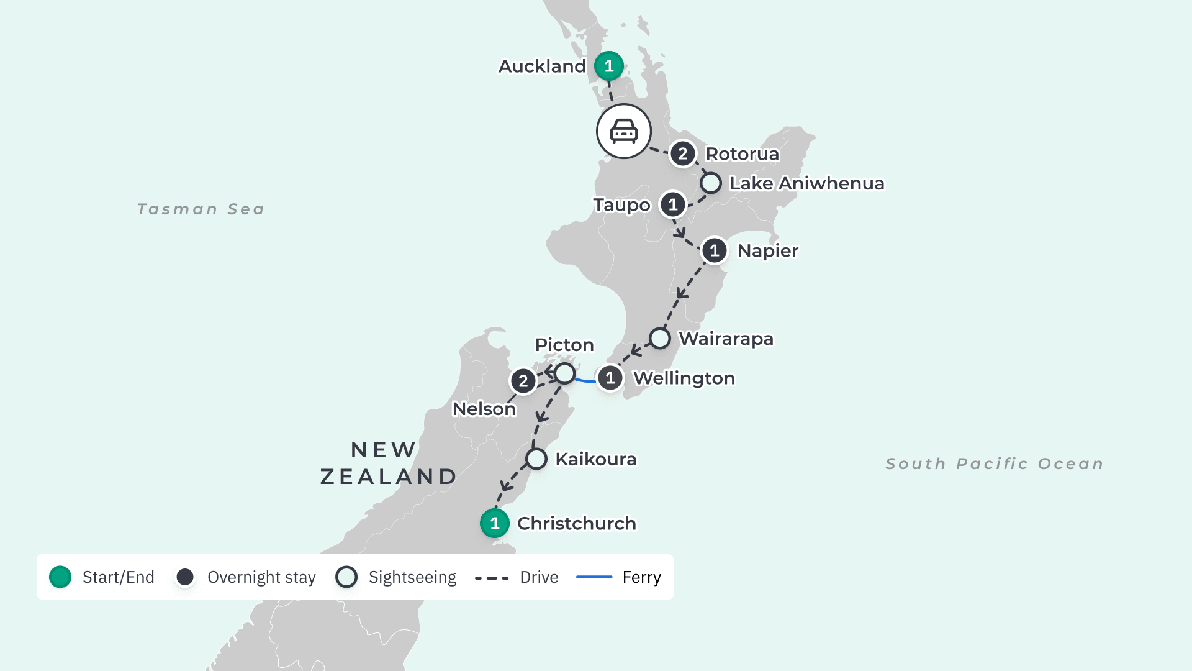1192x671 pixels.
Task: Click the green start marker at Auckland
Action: pyautogui.click(x=608, y=66)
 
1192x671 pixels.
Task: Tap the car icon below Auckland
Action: pyautogui.click(x=623, y=131)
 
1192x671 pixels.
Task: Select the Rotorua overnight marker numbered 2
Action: pyautogui.click(x=682, y=153)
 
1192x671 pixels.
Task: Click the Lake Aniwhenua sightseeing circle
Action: pyautogui.click(x=710, y=183)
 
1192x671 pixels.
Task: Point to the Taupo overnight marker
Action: pyautogui.click(x=672, y=204)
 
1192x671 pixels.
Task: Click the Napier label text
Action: pyautogui.click(x=767, y=251)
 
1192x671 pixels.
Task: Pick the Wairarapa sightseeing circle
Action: pyautogui.click(x=659, y=339)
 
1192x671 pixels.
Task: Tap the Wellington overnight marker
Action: pyautogui.click(x=610, y=378)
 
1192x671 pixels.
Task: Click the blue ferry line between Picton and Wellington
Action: pyautogui.click(x=584, y=380)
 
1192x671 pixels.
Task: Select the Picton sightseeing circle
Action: pyautogui.click(x=564, y=373)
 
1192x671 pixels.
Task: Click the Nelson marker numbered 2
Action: pyautogui.click(x=523, y=381)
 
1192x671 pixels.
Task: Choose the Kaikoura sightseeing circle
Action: pyautogui.click(x=536, y=459)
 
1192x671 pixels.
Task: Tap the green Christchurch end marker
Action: pyautogui.click(x=494, y=523)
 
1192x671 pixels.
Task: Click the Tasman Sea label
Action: pyautogui.click(x=201, y=209)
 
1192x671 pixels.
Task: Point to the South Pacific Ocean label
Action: pyautogui.click(x=995, y=464)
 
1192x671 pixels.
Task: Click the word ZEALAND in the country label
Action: pyautogui.click(x=389, y=477)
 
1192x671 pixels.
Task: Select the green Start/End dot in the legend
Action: pyautogui.click(x=60, y=577)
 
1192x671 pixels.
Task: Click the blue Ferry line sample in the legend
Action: pyautogui.click(x=594, y=577)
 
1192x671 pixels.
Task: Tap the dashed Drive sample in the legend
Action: pyautogui.click(x=491, y=578)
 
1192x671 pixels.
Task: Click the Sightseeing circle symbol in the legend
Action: pyautogui.click(x=346, y=577)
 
